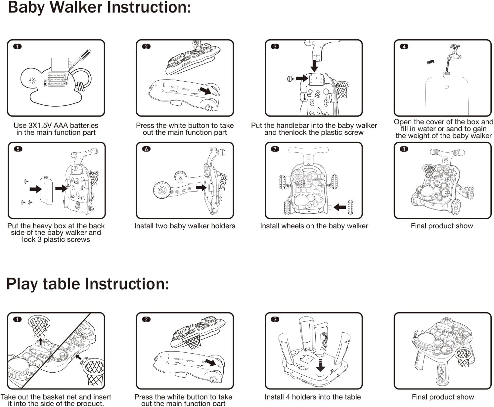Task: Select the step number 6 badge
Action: tap(146, 149)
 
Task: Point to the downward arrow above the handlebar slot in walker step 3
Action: tap(314, 65)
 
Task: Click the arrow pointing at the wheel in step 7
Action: tap(339, 207)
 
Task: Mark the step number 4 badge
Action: tap(404, 47)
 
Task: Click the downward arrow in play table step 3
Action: tap(320, 365)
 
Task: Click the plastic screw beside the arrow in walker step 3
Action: tap(290, 79)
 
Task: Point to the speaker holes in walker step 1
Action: tap(32, 80)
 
